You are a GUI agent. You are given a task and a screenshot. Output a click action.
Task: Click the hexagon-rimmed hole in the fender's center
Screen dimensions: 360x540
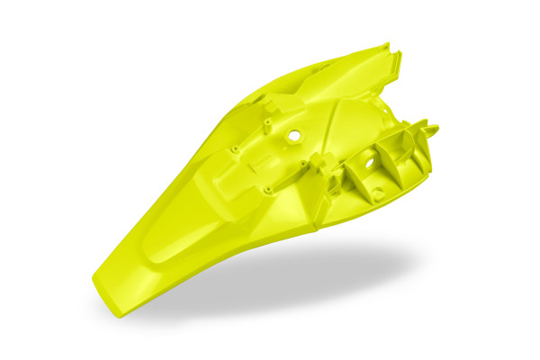pos(293,135)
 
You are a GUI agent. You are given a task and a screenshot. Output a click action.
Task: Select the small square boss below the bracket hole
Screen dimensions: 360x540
pos(377,193)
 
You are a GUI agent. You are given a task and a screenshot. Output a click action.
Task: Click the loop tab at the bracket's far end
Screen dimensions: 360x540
pos(430,130)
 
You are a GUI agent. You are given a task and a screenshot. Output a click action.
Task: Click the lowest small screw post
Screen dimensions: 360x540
pos(267,190)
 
